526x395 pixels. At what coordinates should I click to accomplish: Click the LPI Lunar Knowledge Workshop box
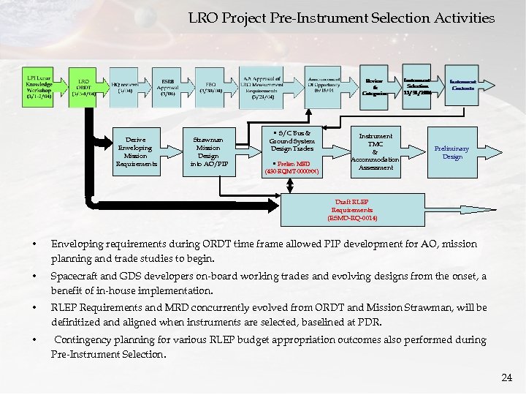click(x=39, y=86)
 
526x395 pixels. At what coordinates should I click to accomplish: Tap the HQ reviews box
click(x=125, y=86)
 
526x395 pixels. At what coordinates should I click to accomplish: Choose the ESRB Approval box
click(x=167, y=88)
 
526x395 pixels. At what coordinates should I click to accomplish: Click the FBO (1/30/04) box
click(x=210, y=86)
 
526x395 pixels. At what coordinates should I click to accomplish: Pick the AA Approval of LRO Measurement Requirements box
click(x=262, y=86)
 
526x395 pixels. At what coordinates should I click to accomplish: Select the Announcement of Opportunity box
click(x=324, y=86)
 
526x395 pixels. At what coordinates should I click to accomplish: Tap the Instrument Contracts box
click(x=463, y=86)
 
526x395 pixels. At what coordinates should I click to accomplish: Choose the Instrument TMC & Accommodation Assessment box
click(x=375, y=151)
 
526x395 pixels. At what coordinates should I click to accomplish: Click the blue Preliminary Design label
click(x=452, y=151)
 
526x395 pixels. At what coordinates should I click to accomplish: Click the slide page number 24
click(x=507, y=377)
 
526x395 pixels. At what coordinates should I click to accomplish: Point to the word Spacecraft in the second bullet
click(x=76, y=276)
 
